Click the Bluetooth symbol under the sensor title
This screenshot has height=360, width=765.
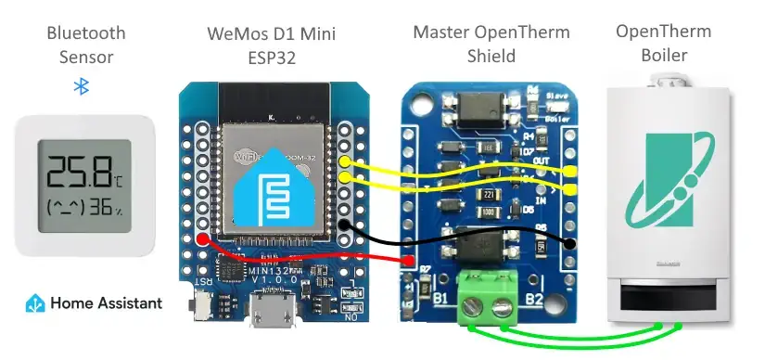[x=81, y=86]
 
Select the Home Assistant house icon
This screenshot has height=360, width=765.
[x=34, y=302]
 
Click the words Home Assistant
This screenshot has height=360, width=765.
[x=106, y=302]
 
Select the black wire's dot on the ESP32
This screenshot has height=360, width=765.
[x=344, y=225]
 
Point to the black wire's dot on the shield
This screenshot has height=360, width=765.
[x=569, y=244]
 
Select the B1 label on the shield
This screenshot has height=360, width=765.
[x=441, y=299]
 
